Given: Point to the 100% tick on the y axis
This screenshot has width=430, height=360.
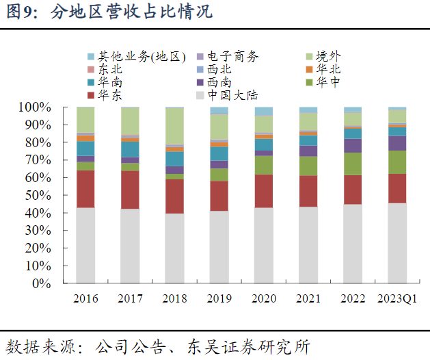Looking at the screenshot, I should click(35, 107).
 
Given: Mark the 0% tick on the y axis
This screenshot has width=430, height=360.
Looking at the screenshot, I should click(40, 283).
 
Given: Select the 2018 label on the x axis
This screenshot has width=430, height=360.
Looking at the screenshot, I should click(175, 299).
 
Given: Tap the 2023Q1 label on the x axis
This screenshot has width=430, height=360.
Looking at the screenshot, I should click(397, 299).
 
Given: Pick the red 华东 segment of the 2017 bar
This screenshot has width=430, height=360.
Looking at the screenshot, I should click(131, 190).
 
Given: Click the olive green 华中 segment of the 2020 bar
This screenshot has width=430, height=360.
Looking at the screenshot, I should click(263, 165).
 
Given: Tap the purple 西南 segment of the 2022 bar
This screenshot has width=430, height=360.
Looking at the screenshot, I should click(352, 145).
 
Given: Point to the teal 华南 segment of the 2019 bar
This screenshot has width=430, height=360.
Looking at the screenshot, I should click(219, 153).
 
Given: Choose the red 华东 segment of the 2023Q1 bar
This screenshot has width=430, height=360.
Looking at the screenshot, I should click(397, 188).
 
